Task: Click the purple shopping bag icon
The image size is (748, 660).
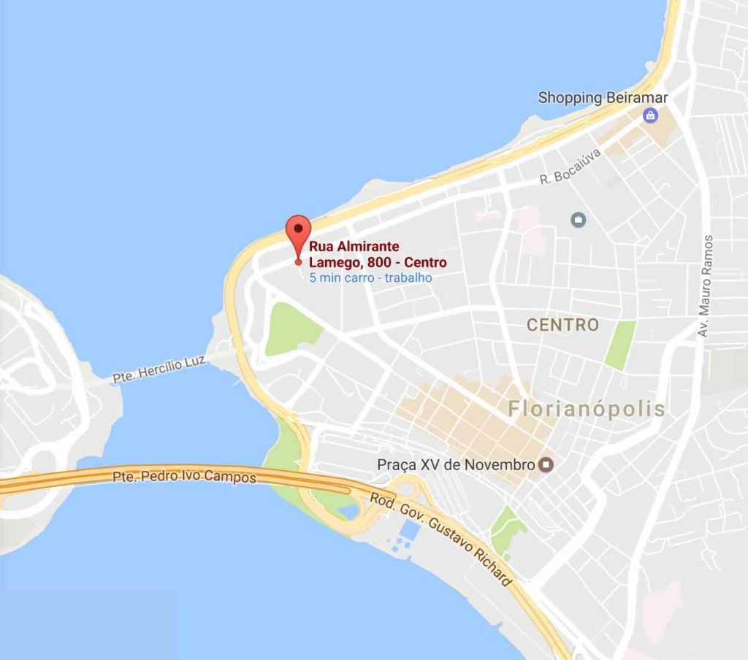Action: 650,115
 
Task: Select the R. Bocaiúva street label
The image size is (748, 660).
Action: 570,166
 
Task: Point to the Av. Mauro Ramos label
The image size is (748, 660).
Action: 705,285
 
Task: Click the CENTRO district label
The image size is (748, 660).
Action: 562,325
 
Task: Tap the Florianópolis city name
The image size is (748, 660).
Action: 587,409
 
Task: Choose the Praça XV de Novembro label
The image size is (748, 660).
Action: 456,464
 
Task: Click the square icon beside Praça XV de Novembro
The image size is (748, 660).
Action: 546,464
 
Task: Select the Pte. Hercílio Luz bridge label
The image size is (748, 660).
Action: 159,369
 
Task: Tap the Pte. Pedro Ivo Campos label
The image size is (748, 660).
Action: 184,477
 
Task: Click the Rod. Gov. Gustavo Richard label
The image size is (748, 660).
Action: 440,540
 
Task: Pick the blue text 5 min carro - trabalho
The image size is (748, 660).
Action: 370,277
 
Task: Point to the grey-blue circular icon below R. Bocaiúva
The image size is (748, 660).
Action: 579,218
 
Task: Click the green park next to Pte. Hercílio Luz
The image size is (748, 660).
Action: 290,329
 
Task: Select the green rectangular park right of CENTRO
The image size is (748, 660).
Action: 620,344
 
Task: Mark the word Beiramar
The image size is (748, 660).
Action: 626,97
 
